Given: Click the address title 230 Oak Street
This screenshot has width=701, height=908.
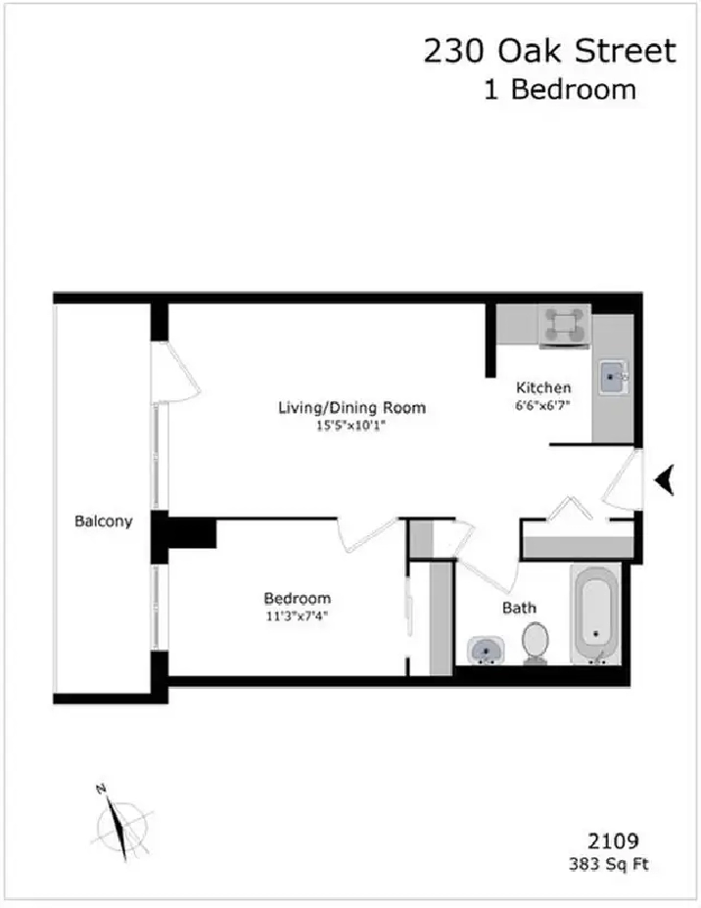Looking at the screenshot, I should coord(549,51).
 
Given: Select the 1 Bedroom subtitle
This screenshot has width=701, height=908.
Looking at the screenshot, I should coord(560,90).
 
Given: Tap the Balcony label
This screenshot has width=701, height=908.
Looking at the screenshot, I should coord(103,522).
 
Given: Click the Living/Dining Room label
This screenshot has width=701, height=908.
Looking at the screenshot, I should coord(351,408).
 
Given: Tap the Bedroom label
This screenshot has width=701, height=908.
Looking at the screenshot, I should coord(297,599).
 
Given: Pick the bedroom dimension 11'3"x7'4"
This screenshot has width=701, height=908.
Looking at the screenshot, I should coord(297,615).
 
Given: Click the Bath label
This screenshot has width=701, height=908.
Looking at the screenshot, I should coord(519,608).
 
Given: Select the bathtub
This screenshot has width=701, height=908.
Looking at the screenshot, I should coord(596,618).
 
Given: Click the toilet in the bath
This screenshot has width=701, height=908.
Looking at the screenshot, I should coord(535,643).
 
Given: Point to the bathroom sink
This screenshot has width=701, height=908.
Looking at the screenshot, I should coord(485,650).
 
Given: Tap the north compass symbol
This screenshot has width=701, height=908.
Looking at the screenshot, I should coord(122,821).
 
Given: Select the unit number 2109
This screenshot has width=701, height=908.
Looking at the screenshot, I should coord(613,840).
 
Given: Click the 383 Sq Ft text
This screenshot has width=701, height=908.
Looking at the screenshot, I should coord(608,864).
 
